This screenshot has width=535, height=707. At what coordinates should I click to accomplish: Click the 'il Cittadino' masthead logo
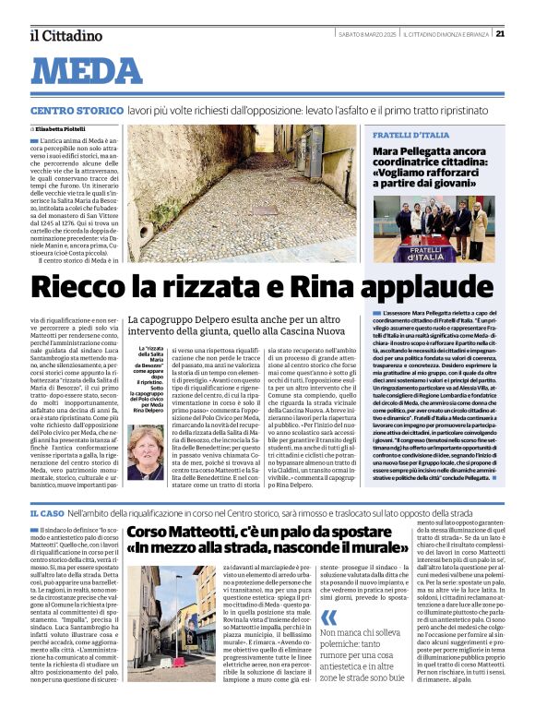pyautogui.click(x=65, y=36)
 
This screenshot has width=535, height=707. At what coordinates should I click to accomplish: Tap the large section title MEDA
pyautogui.click(x=92, y=72)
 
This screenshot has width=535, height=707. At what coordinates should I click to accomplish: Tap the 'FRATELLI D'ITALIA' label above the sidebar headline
pyautogui.click(x=410, y=135)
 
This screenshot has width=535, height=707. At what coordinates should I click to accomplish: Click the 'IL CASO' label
pyautogui.click(x=46, y=512)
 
